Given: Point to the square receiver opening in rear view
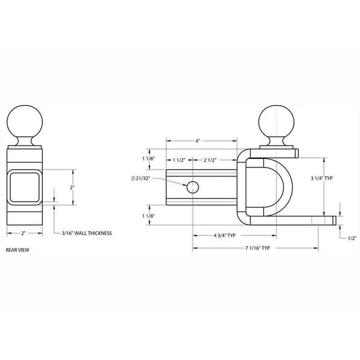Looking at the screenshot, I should tap(25, 187).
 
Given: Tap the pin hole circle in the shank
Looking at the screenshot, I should tap(193, 186).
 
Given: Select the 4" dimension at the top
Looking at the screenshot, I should tap(198, 141).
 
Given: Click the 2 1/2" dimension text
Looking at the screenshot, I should tap(211, 160).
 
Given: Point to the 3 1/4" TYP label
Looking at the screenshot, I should tap(322, 178).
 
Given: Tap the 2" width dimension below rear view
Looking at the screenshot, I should tap(24, 234).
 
